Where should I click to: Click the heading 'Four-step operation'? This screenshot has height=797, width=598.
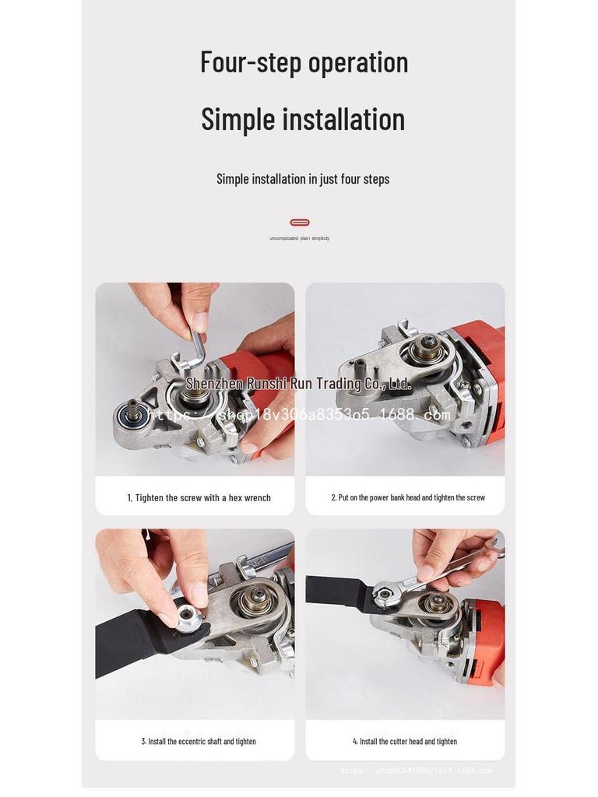pyautogui.click(x=304, y=62)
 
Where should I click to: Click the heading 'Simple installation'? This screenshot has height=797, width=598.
pyautogui.click(x=303, y=119)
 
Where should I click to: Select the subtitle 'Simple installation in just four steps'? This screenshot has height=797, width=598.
pyautogui.click(x=303, y=179)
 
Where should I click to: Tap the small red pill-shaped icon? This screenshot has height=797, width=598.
pyautogui.click(x=300, y=223)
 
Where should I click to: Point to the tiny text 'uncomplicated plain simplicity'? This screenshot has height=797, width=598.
pyautogui.click(x=299, y=238)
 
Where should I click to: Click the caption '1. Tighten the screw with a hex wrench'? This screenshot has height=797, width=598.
pyautogui.click(x=199, y=498)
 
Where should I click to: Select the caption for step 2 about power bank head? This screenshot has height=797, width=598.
pyautogui.click(x=408, y=497)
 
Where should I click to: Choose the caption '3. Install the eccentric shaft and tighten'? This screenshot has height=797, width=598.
pyautogui.click(x=199, y=742)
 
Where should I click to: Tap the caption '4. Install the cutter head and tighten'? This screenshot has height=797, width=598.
pyautogui.click(x=405, y=742)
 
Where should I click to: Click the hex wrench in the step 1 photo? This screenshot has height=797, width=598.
pyautogui.click(x=197, y=347)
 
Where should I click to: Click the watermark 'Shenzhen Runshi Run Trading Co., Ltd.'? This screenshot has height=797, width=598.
pyautogui.click(x=298, y=384)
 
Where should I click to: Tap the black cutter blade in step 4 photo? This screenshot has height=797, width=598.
pyautogui.click(x=335, y=590)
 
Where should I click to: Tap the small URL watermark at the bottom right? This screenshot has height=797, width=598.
pyautogui.click(x=416, y=771)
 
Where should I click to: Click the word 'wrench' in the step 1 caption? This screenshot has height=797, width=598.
pyautogui.click(x=257, y=498)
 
